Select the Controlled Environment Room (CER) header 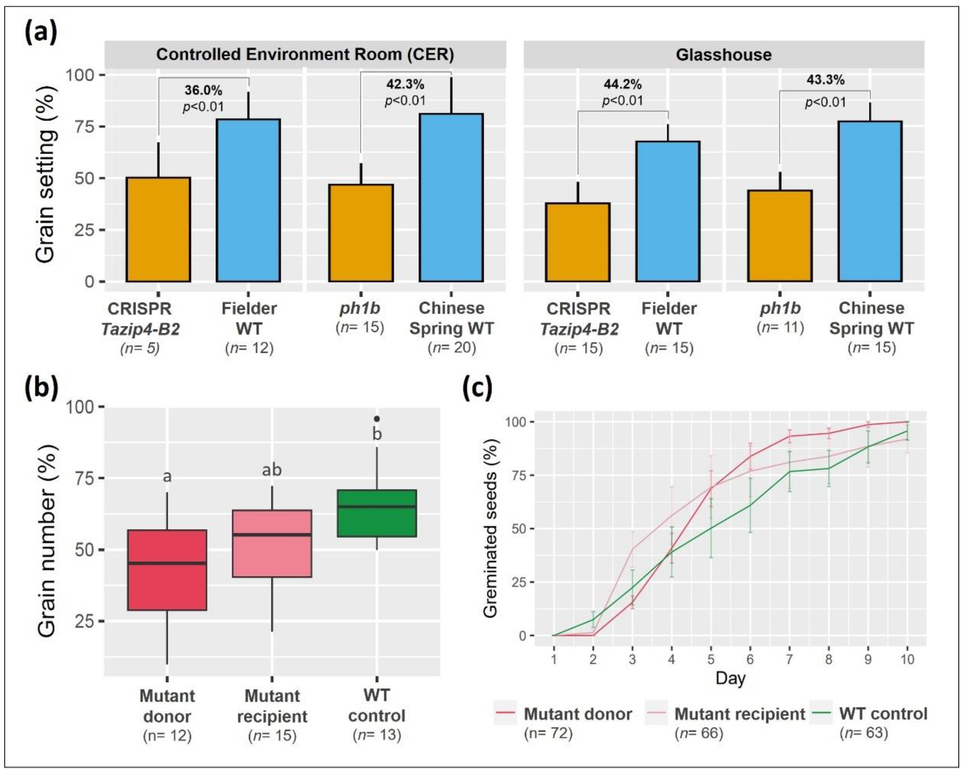[x=305, y=55]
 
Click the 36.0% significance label [x=204, y=90]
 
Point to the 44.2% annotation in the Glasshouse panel [x=622, y=84]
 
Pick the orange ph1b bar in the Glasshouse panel [x=780, y=236]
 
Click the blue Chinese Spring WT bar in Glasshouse [x=870, y=201]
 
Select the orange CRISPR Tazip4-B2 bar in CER [x=158, y=230]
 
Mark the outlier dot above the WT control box [x=377, y=419]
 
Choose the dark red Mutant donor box [x=167, y=569]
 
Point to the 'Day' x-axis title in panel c [x=730, y=678]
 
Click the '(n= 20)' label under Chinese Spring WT [x=452, y=348]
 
